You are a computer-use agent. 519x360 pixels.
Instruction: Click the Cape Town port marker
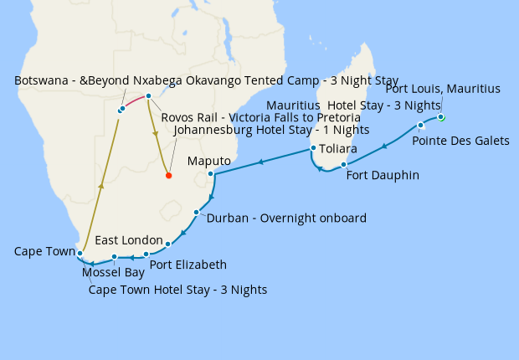click(x=80, y=252)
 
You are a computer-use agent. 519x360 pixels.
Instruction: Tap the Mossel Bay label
click(x=113, y=272)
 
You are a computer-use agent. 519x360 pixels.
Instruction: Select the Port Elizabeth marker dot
click(x=146, y=254)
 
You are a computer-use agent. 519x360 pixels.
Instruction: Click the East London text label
click(x=135, y=240)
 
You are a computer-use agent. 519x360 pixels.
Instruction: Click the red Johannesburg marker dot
click(x=168, y=176)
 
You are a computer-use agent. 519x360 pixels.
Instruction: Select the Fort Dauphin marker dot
click(x=344, y=164)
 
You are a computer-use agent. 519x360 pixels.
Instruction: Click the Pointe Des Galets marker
click(x=420, y=126)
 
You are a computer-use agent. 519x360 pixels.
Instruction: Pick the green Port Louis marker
click(x=440, y=117)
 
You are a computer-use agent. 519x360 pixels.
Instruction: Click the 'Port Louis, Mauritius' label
click(x=443, y=89)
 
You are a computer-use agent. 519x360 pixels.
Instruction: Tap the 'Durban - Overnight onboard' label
click(x=286, y=219)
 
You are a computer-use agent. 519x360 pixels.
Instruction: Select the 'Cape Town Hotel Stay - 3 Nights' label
click(x=178, y=291)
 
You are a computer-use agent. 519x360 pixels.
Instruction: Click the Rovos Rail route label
click(x=260, y=118)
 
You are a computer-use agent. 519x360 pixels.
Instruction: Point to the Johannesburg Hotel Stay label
click(x=270, y=131)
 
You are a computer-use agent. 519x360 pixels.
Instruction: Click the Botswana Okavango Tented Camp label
click(x=206, y=80)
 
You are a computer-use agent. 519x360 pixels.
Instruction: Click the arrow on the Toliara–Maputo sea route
click(x=261, y=162)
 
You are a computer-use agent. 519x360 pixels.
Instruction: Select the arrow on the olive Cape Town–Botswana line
click(x=100, y=186)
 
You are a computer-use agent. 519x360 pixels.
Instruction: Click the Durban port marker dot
click(x=195, y=213)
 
